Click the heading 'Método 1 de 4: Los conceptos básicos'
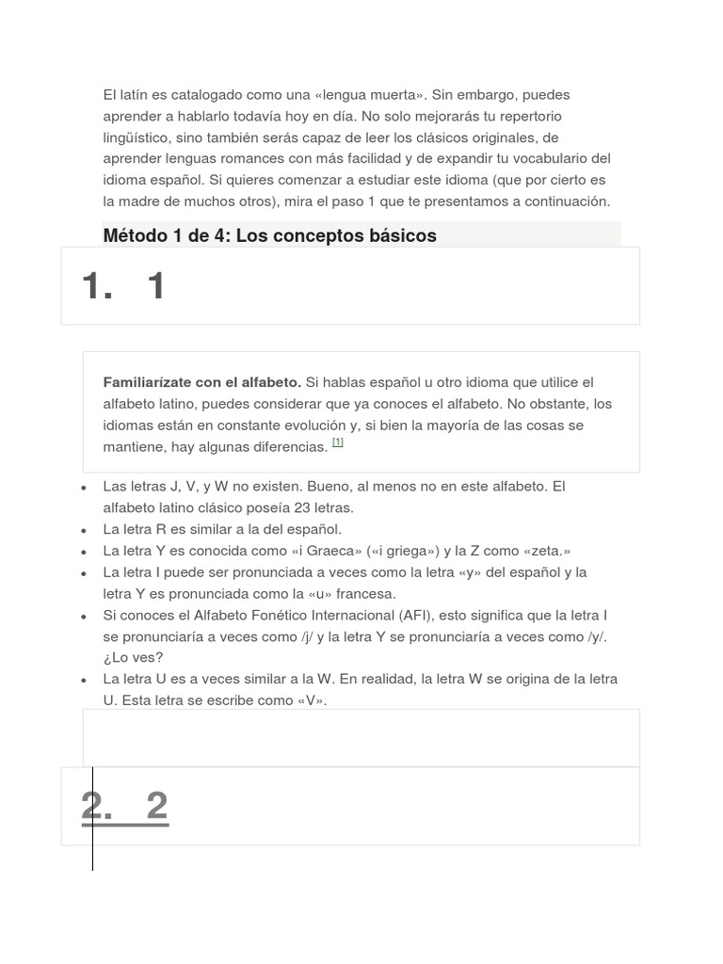[x=269, y=235]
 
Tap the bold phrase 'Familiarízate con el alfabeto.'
[x=201, y=382]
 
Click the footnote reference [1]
[x=338, y=442]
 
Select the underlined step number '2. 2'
[x=124, y=806]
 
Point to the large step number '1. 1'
[x=124, y=285]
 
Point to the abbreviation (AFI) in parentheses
[x=418, y=616]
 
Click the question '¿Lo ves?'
[x=133, y=657]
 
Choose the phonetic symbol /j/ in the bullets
[x=307, y=637]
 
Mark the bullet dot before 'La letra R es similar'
[x=84, y=530]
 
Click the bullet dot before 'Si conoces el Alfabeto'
[x=84, y=617]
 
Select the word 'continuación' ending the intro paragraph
[x=565, y=201]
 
